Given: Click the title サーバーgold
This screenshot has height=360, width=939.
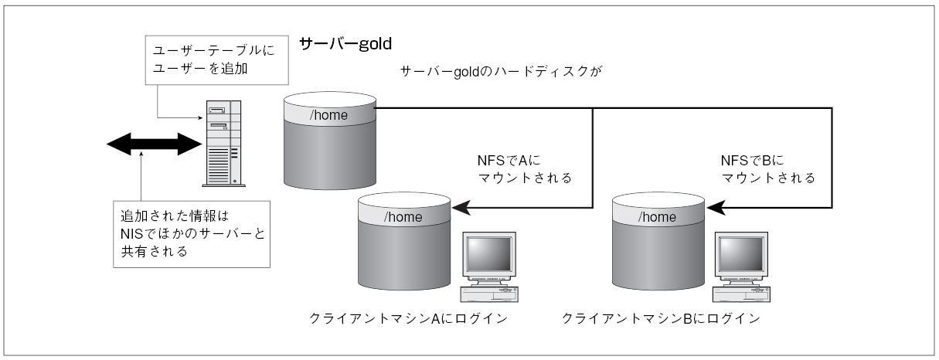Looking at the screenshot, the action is point(345,43).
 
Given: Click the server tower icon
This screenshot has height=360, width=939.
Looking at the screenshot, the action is point(224,144).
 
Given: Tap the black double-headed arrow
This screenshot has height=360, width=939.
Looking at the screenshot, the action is point(155,144).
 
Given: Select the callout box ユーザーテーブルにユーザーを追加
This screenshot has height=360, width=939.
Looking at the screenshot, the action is point(216,60).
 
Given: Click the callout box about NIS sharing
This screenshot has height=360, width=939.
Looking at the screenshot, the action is point(192,234).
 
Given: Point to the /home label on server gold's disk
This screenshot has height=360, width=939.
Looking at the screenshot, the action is point(328,115).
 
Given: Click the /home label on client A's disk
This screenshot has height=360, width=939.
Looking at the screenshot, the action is point(403,217).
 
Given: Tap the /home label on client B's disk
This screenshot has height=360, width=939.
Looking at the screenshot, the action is point(657,217).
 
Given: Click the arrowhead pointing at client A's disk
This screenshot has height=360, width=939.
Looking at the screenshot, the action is point(461,208).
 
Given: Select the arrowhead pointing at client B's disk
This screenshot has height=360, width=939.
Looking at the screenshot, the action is point(716,208).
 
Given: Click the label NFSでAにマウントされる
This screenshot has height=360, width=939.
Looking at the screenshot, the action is point(525,169).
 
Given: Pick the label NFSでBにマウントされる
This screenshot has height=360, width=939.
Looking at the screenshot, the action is point(768,169).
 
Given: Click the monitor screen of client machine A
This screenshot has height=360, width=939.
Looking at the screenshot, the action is point(489,254).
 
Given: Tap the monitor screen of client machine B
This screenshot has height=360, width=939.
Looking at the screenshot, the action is point(741,254).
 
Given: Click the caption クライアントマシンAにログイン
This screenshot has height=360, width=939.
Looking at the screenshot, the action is point(409,319).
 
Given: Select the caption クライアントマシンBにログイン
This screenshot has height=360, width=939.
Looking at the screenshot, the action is point(661,319).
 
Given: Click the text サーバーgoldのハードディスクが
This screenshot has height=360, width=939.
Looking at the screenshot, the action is point(501,72).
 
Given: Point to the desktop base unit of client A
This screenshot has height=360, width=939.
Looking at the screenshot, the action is point(489,294).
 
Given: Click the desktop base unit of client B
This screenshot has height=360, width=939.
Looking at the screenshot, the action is point(741,294).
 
